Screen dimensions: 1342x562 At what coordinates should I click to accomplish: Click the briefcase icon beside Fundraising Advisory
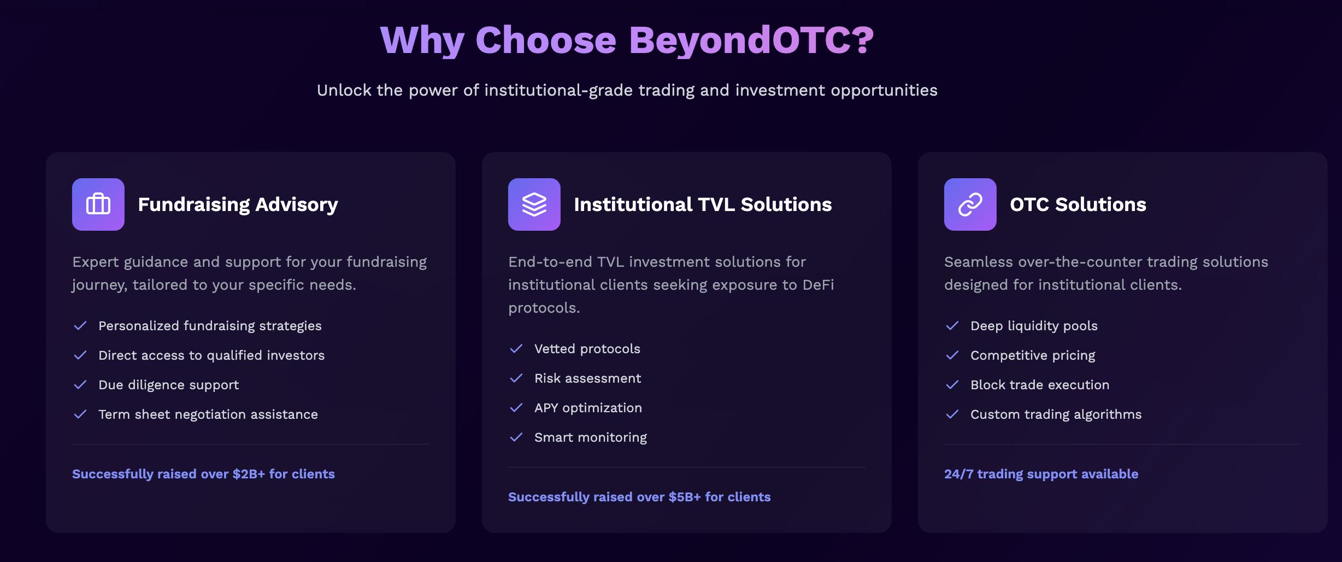(98, 204)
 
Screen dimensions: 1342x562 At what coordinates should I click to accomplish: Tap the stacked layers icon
(534, 204)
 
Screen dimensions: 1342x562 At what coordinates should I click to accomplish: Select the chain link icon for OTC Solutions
(970, 204)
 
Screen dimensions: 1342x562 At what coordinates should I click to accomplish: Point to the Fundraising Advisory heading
(238, 204)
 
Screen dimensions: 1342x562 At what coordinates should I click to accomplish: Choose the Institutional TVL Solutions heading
(703, 204)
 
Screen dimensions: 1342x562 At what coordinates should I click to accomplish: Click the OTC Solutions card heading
(1078, 204)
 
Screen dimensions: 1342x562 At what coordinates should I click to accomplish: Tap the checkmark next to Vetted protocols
(516, 349)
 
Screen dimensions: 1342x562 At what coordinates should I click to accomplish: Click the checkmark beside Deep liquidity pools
(952, 326)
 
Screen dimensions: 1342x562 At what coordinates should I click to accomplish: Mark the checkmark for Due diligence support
(80, 385)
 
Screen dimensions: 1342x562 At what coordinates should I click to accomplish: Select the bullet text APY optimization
(588, 408)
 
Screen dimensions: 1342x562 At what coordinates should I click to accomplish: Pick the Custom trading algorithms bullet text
(1056, 414)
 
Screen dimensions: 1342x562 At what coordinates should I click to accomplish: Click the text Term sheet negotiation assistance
(208, 414)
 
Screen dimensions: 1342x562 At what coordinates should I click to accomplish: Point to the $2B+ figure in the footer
(249, 474)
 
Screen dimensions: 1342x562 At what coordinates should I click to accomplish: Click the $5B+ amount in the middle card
(685, 497)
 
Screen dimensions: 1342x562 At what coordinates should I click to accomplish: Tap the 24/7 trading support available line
(1041, 474)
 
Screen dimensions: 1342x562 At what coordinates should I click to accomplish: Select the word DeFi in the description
(818, 285)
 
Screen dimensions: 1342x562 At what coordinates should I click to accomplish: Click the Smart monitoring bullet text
(591, 437)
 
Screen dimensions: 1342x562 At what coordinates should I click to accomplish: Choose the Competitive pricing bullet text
(1033, 355)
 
